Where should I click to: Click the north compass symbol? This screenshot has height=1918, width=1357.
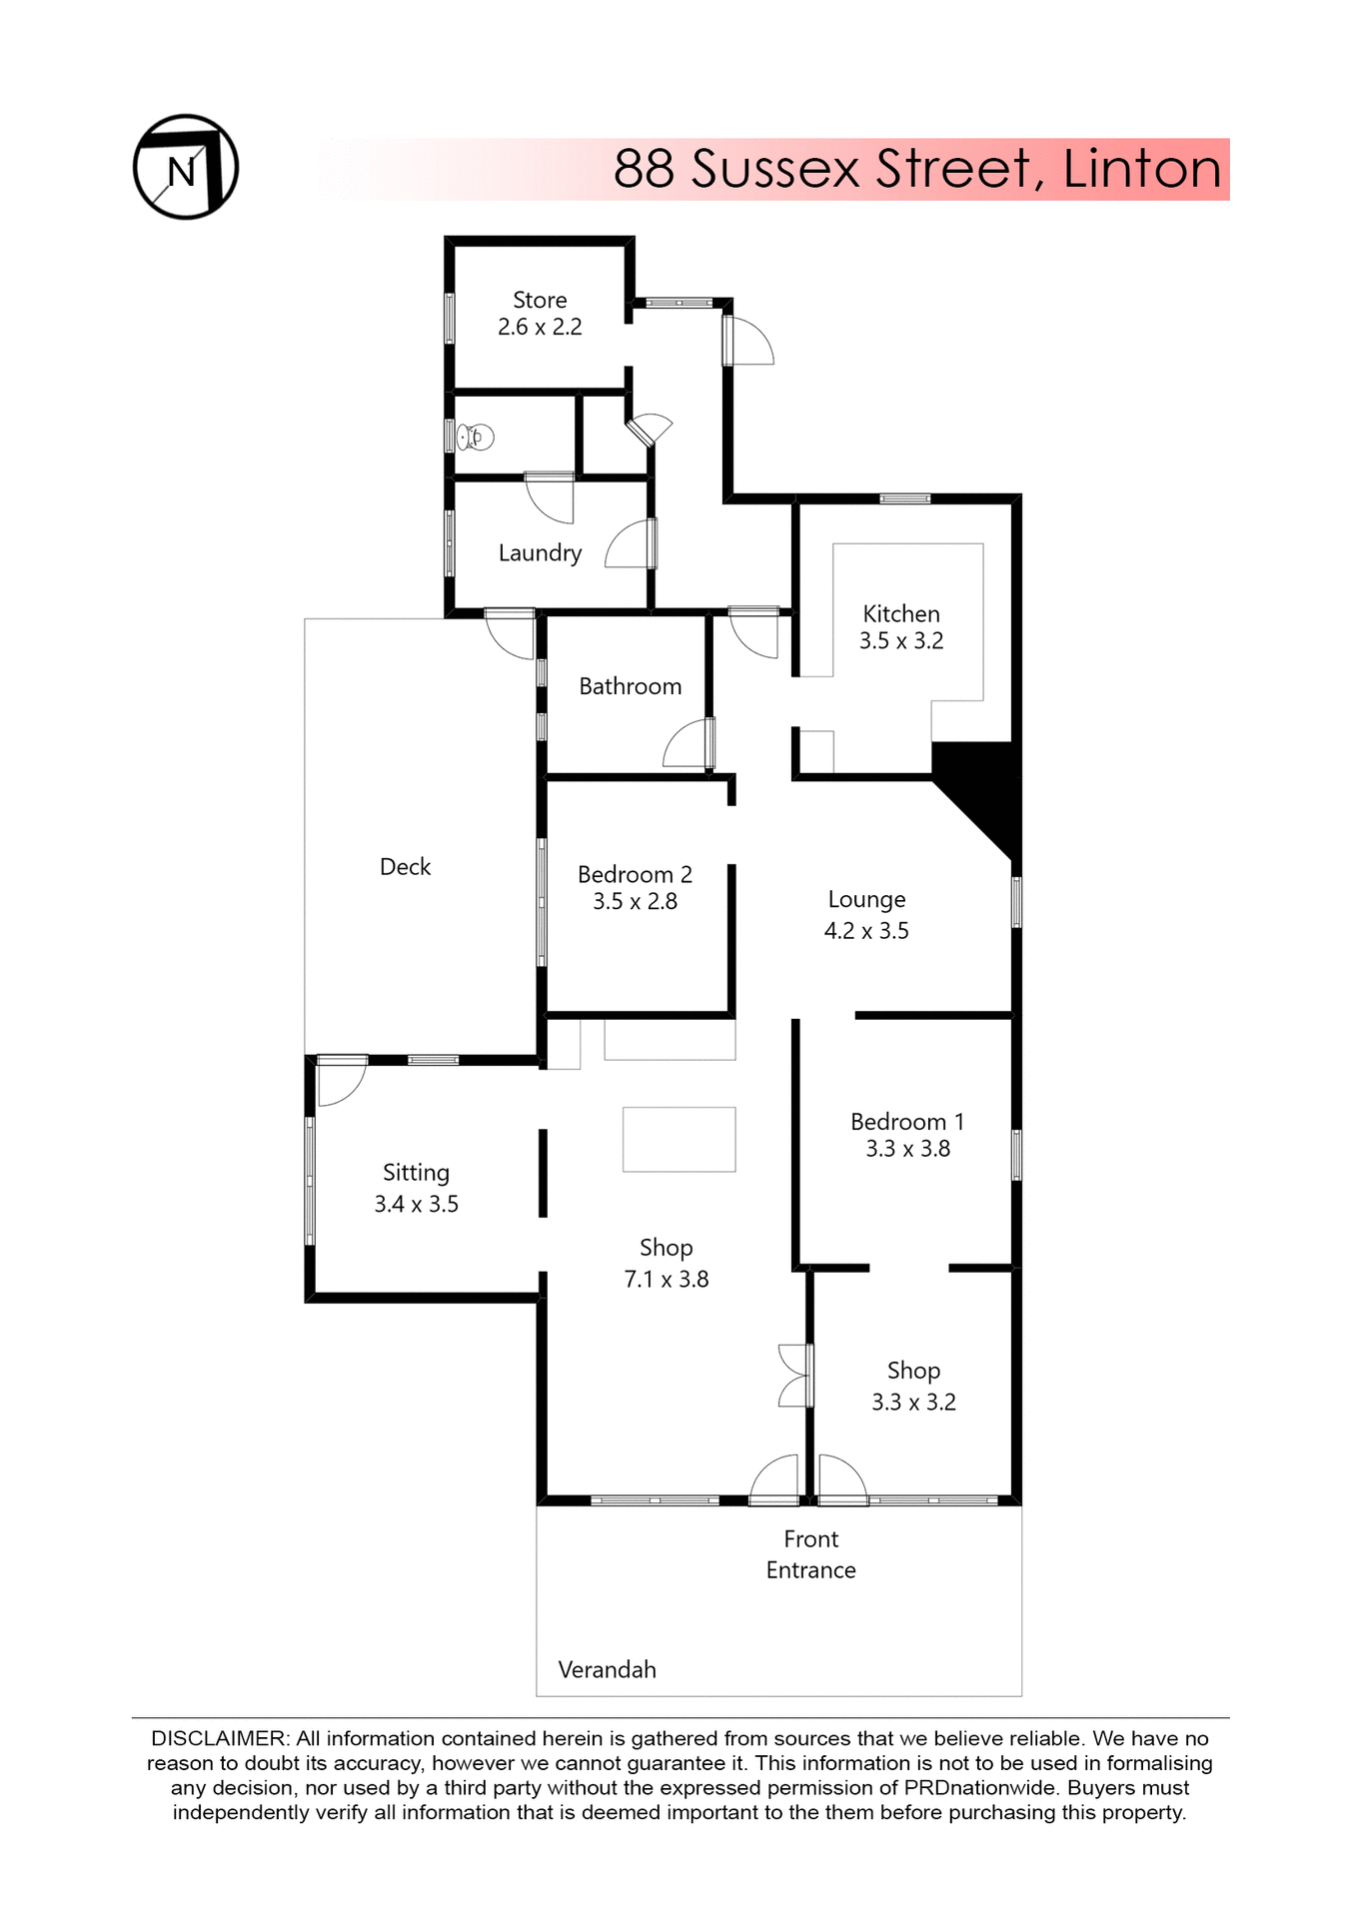(x=185, y=167)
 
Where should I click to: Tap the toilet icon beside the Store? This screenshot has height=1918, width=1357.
(x=477, y=437)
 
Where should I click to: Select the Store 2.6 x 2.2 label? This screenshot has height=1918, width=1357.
(x=540, y=313)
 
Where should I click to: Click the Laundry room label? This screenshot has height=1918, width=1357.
(x=540, y=552)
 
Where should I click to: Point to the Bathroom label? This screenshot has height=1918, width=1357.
(x=630, y=686)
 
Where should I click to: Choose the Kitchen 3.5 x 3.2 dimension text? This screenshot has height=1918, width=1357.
(x=900, y=641)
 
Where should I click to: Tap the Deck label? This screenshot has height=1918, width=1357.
(x=405, y=866)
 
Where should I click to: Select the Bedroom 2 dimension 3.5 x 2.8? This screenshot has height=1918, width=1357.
(x=635, y=901)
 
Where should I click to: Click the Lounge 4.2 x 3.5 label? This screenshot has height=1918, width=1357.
(x=866, y=914)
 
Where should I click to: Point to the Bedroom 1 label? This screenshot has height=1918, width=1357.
(x=907, y=1122)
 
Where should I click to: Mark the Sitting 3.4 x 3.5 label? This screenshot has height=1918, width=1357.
(x=416, y=1188)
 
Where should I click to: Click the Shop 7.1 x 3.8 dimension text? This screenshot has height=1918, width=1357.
(x=666, y=1279)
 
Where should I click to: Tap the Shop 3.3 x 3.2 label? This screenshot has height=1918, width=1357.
(x=913, y=1386)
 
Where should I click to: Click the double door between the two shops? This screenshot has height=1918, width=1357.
(x=795, y=1376)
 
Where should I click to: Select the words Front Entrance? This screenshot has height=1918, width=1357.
(x=810, y=1553)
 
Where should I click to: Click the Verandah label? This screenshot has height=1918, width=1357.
(x=607, y=1669)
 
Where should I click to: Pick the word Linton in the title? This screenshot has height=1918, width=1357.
(x=1141, y=168)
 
